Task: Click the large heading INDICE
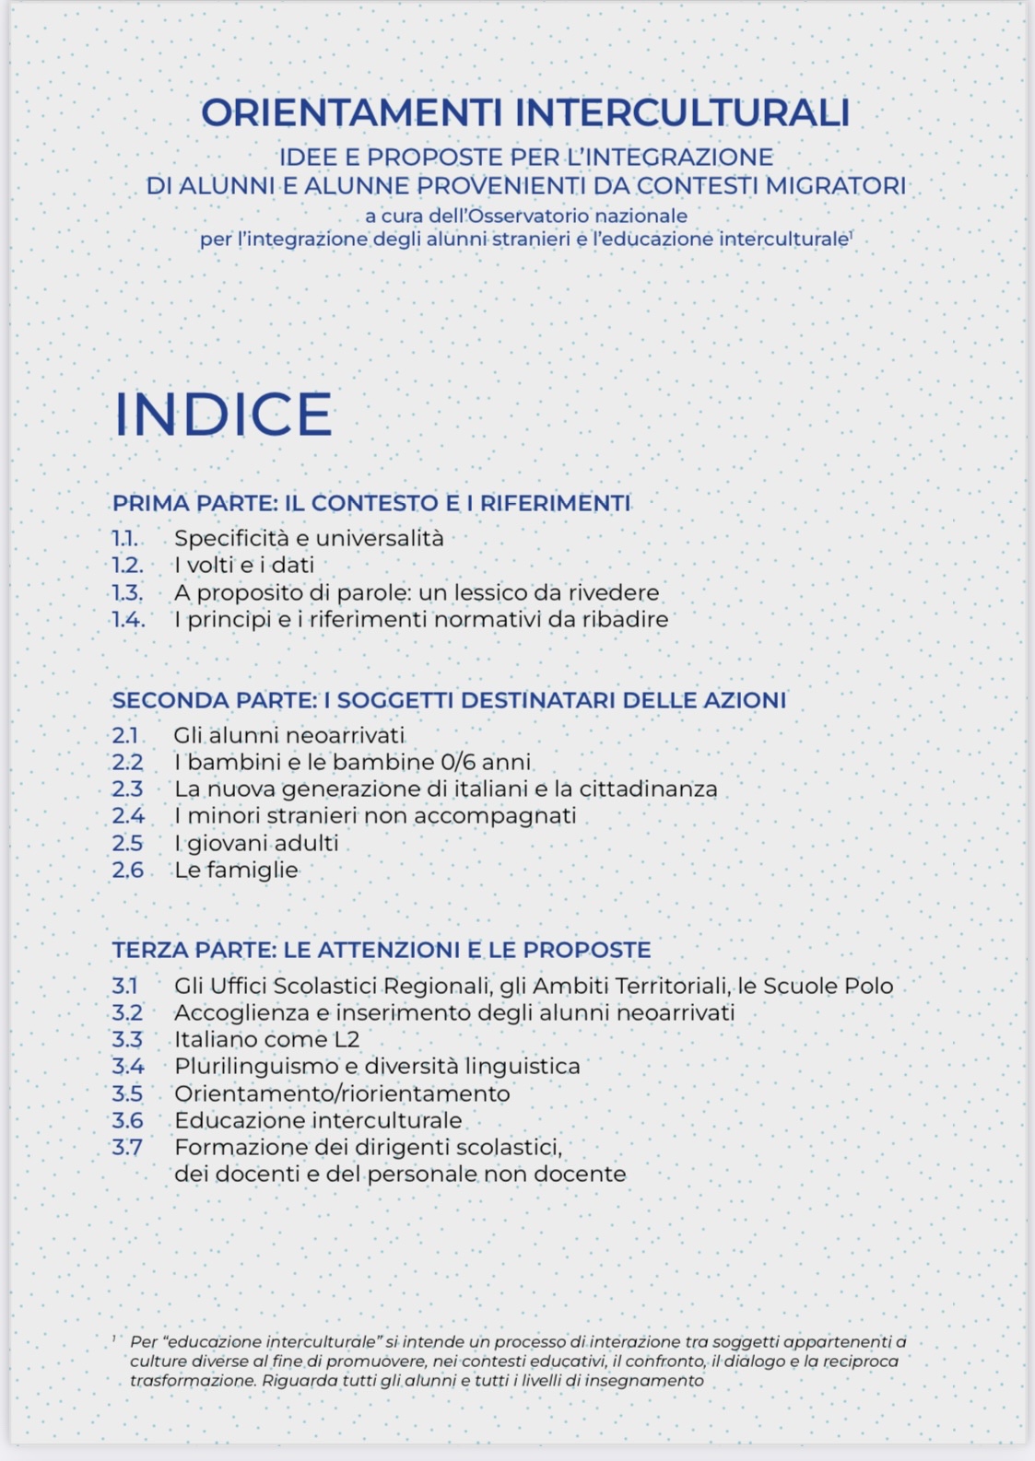tap(223, 415)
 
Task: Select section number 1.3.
tap(128, 592)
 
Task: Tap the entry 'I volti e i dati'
tap(244, 565)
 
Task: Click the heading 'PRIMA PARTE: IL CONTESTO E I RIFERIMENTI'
tap(371, 503)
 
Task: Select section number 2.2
tap(128, 763)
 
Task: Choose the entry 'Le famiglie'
tap(237, 871)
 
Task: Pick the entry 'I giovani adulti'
tap(256, 844)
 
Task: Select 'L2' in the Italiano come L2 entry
tap(346, 1040)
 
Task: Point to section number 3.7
tap(127, 1148)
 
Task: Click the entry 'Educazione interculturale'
tap(318, 1121)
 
